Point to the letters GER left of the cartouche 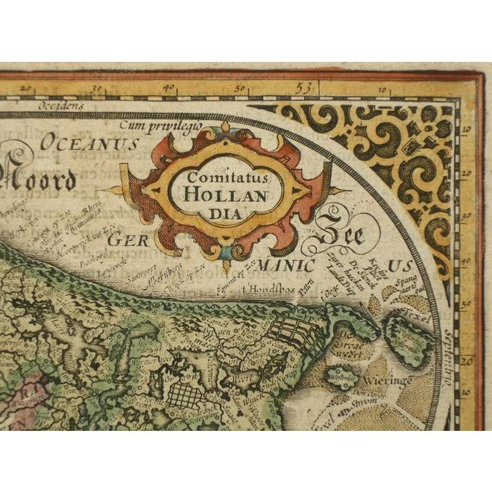(124, 240)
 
